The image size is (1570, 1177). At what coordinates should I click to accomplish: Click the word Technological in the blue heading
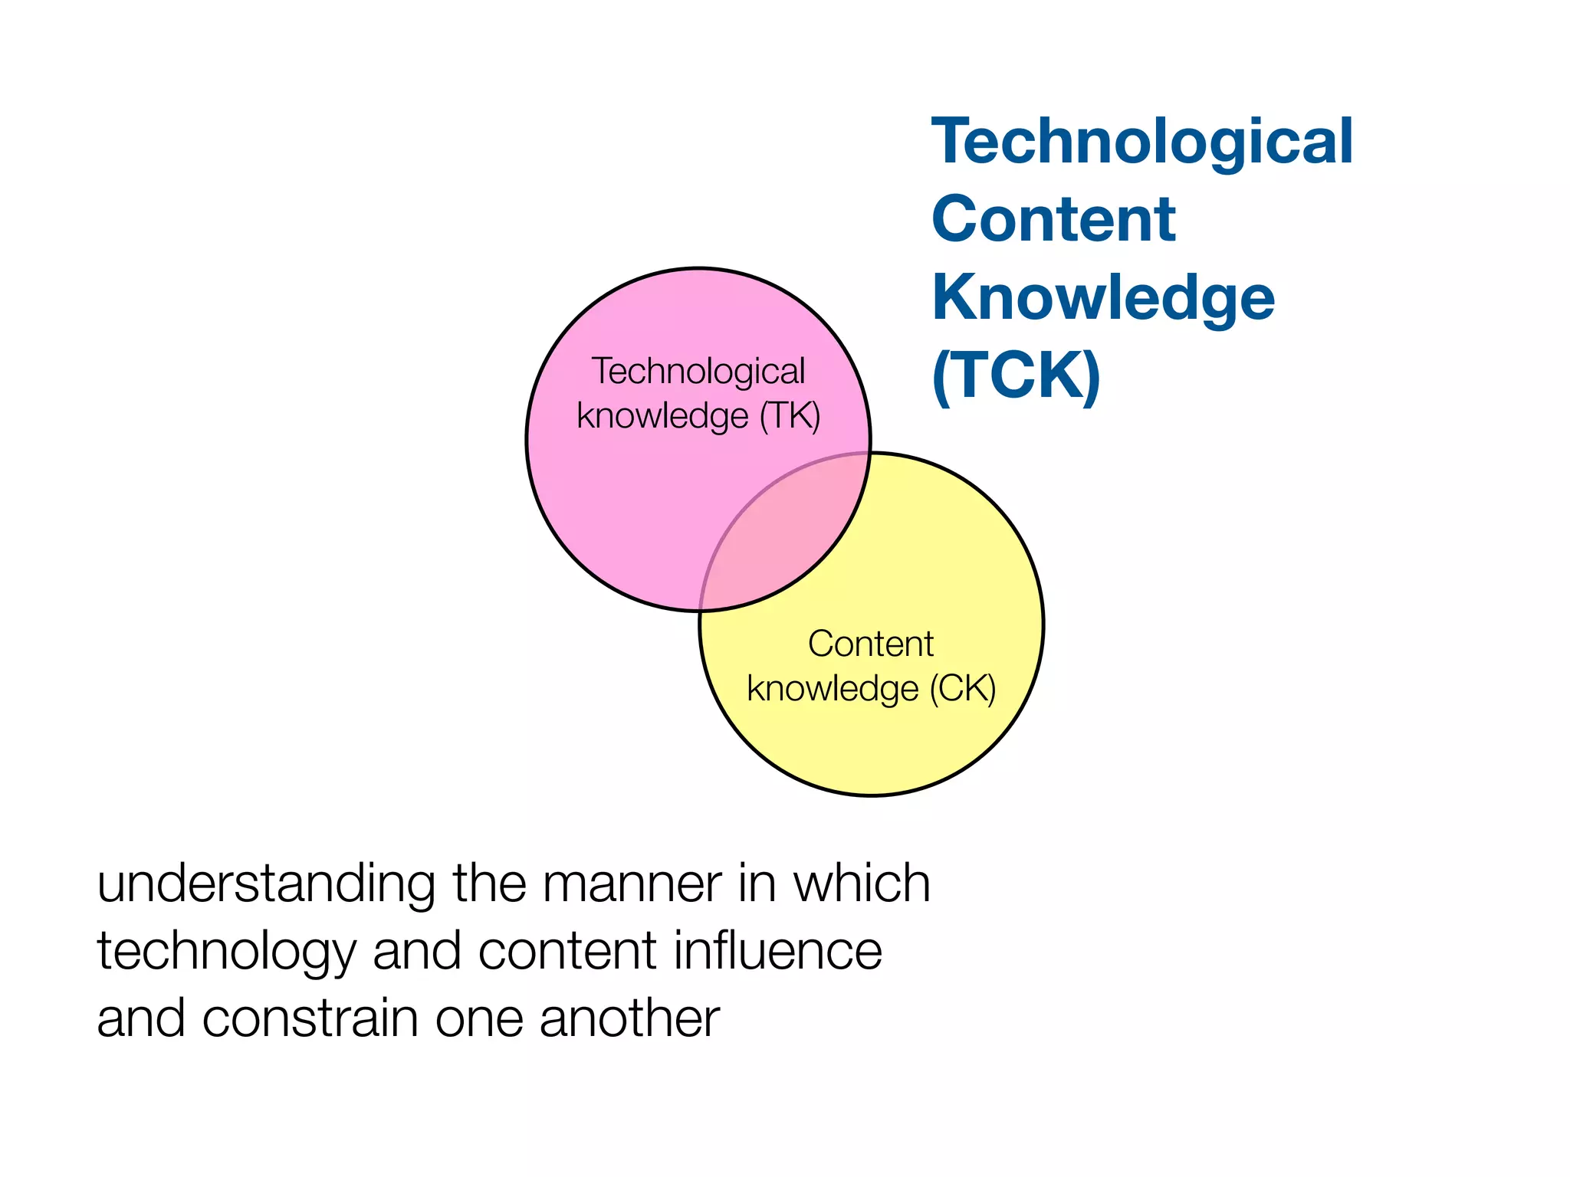click(x=1141, y=143)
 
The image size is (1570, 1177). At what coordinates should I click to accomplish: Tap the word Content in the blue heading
click(x=1053, y=220)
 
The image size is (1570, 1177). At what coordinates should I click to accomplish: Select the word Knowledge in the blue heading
click(x=1103, y=298)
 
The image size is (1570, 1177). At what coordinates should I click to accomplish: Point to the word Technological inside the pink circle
click(x=698, y=372)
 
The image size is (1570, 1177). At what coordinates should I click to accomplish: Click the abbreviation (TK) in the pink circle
click(x=790, y=416)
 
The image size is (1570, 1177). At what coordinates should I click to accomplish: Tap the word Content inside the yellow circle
click(x=870, y=644)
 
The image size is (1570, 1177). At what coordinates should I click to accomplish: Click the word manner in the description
click(x=632, y=884)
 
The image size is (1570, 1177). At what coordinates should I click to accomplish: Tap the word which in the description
click(x=862, y=884)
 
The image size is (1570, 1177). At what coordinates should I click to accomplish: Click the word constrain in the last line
click(x=311, y=1018)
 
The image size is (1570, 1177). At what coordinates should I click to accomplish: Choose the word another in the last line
click(x=629, y=1018)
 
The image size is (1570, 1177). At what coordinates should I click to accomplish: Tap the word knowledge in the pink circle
click(x=662, y=416)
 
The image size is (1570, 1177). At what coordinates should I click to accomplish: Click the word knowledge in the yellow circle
click(x=833, y=688)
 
